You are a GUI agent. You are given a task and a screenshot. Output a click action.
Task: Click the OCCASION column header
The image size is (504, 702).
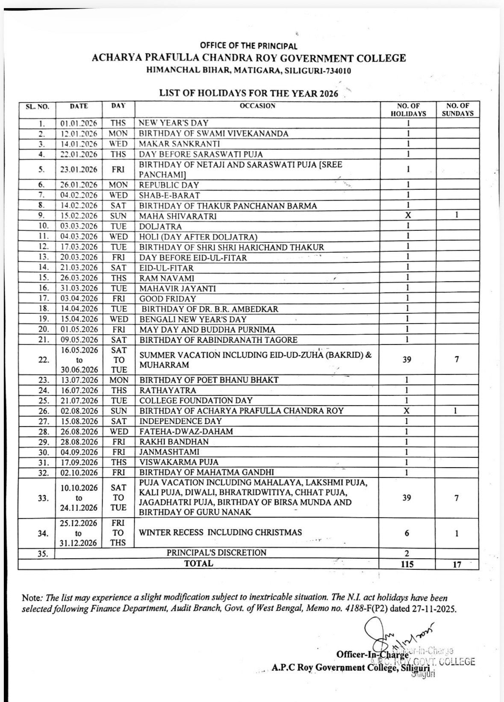click(257, 106)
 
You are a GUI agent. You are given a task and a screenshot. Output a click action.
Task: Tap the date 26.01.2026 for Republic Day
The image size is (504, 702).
click(79, 185)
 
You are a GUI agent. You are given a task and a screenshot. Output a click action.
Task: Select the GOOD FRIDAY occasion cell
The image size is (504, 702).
click(168, 299)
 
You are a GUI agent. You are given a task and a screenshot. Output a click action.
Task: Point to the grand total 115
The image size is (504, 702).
click(407, 564)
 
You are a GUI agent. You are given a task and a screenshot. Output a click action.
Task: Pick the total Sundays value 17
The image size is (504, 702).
click(457, 564)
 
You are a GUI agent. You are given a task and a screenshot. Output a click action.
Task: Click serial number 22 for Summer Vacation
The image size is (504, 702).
click(44, 360)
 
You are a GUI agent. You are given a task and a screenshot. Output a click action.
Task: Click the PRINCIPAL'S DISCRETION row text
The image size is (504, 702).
click(216, 552)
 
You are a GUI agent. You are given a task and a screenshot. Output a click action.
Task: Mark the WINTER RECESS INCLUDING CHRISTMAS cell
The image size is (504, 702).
click(220, 532)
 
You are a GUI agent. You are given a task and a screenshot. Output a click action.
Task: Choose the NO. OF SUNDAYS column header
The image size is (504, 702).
click(457, 109)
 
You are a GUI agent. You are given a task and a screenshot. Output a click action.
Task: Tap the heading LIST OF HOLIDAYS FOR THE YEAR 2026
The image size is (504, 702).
click(249, 94)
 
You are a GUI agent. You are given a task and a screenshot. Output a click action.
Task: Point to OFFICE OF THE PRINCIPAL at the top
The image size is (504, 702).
click(248, 46)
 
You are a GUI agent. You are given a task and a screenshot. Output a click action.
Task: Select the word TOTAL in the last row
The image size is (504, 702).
click(198, 563)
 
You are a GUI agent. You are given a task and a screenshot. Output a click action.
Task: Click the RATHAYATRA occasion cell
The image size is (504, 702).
click(168, 390)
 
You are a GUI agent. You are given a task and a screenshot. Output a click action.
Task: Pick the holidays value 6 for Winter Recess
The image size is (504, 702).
click(407, 533)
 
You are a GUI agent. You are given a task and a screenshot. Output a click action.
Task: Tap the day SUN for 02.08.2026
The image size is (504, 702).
click(118, 411)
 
